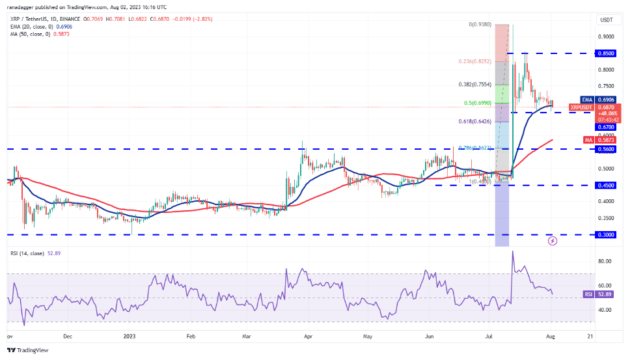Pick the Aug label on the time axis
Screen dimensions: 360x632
552,337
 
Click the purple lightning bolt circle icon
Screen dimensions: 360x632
553,241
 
